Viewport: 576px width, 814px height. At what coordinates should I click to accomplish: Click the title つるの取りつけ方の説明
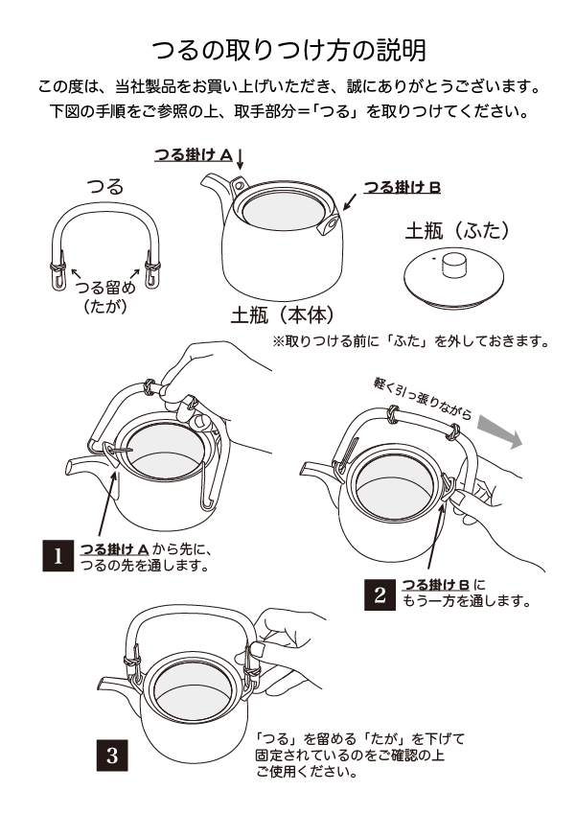[288, 49]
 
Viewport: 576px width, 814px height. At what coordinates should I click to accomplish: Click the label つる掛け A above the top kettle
[193, 153]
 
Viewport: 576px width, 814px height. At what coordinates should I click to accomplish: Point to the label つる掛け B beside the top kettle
[402, 188]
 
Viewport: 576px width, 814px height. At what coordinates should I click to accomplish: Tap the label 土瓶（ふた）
[455, 230]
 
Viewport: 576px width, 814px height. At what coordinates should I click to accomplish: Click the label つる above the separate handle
[104, 187]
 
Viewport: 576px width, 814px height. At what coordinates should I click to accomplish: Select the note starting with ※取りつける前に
[410, 340]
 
